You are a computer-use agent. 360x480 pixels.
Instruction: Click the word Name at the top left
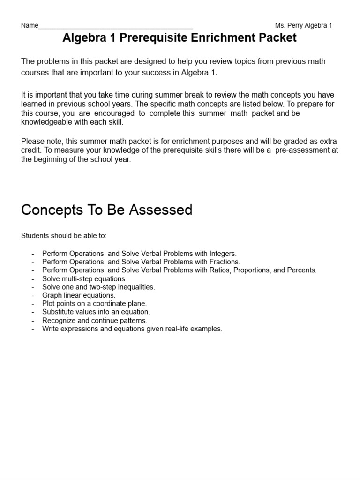30,25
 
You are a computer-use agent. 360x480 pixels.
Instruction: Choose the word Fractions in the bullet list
224,262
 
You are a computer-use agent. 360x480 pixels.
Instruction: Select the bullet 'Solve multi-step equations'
83,278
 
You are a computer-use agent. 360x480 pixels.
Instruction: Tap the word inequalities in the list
133,287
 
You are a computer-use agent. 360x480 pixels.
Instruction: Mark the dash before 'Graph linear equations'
33,295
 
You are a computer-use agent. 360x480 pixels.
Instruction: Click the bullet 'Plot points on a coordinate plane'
94,304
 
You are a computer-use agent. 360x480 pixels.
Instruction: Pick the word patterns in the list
132,321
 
